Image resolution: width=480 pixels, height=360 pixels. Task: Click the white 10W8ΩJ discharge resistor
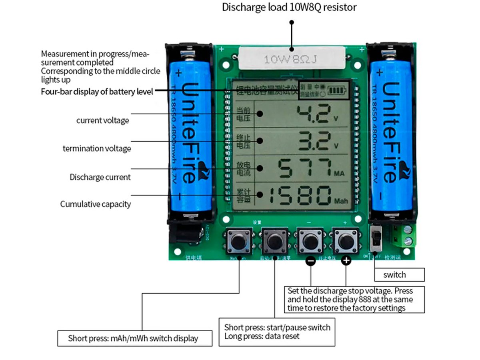click(292, 60)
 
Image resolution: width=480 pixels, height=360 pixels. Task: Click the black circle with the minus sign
click(311, 261)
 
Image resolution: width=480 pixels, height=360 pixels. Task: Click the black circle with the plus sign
click(346, 261)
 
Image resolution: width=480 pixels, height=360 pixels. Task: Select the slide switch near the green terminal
click(376, 239)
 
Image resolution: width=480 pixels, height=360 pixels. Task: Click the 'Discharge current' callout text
click(100, 177)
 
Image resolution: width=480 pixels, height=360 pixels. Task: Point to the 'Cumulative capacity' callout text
click(96, 204)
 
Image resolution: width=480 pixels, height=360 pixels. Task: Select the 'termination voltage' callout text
click(97, 148)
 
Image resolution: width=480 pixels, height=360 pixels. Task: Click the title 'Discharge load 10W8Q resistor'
click(289, 7)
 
